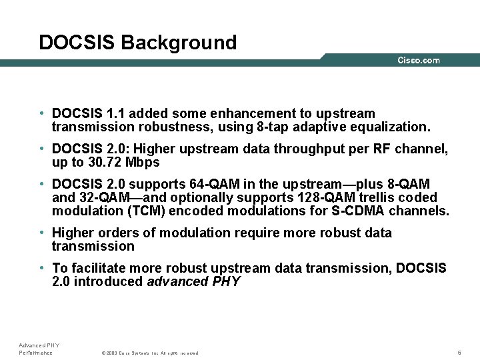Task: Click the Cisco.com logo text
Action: click(419, 60)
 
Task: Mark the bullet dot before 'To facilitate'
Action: click(41, 268)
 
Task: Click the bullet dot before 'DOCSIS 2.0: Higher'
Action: click(41, 149)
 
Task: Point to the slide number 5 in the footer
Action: click(459, 352)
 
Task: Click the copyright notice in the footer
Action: click(149, 353)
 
